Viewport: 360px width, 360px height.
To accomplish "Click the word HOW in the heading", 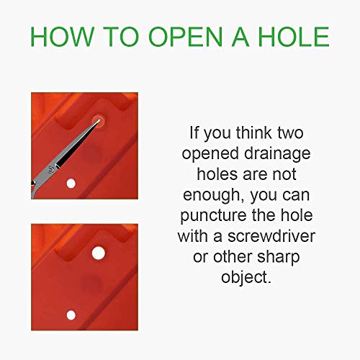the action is pos(62,37).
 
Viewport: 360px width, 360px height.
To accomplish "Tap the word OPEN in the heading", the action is pos(186,37).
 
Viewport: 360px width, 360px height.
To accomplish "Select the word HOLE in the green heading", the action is pos(294,37).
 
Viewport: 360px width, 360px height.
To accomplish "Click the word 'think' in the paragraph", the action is pos(254,132).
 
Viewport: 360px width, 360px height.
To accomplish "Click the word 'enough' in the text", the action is pos(212,195).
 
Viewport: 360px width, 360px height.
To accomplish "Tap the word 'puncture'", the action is pos(213,216).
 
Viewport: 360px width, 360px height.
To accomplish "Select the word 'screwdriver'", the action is pos(271,236).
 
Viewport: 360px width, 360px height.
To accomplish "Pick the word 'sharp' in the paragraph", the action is pos(278,258).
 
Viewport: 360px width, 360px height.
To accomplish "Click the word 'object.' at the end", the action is pos(246,278).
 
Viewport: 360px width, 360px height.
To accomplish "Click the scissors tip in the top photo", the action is pos(99,120).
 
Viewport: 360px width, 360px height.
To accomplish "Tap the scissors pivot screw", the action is pos(50,169).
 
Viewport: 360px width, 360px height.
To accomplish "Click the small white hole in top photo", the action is pos(71,184).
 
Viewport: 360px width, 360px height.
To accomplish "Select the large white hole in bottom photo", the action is pos(99,253).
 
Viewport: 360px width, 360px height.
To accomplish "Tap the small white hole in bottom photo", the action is pos(71,315).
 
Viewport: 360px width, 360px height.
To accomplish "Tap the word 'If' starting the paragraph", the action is pos(194,132).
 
